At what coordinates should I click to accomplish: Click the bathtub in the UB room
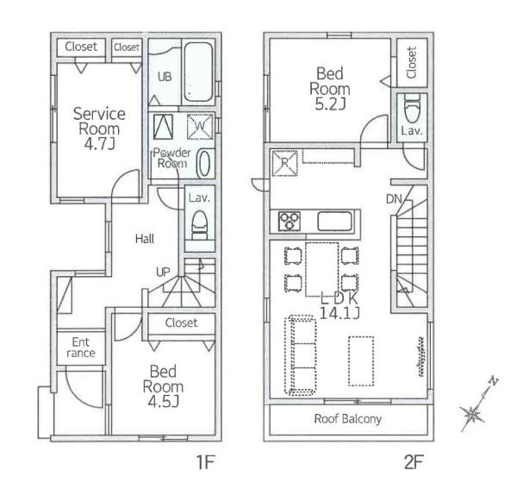198,72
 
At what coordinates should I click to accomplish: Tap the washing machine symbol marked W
200,127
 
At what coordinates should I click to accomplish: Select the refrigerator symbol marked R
284,163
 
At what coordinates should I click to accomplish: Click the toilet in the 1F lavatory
200,225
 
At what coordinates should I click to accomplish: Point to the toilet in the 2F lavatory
412,108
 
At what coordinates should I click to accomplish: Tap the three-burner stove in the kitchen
290,221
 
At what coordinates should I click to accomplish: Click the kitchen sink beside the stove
334,221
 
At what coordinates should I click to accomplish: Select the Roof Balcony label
348,419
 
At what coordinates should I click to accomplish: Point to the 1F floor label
206,461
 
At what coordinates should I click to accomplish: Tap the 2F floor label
414,461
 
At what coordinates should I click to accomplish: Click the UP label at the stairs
163,272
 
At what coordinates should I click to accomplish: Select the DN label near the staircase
394,198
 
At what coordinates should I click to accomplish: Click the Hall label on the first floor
145,239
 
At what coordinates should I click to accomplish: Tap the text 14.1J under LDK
339,312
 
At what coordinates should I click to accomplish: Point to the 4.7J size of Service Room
99,144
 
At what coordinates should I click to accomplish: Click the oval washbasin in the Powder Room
203,164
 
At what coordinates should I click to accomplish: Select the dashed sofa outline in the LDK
301,355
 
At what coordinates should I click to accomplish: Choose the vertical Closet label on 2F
412,62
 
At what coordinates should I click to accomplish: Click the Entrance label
81,348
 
